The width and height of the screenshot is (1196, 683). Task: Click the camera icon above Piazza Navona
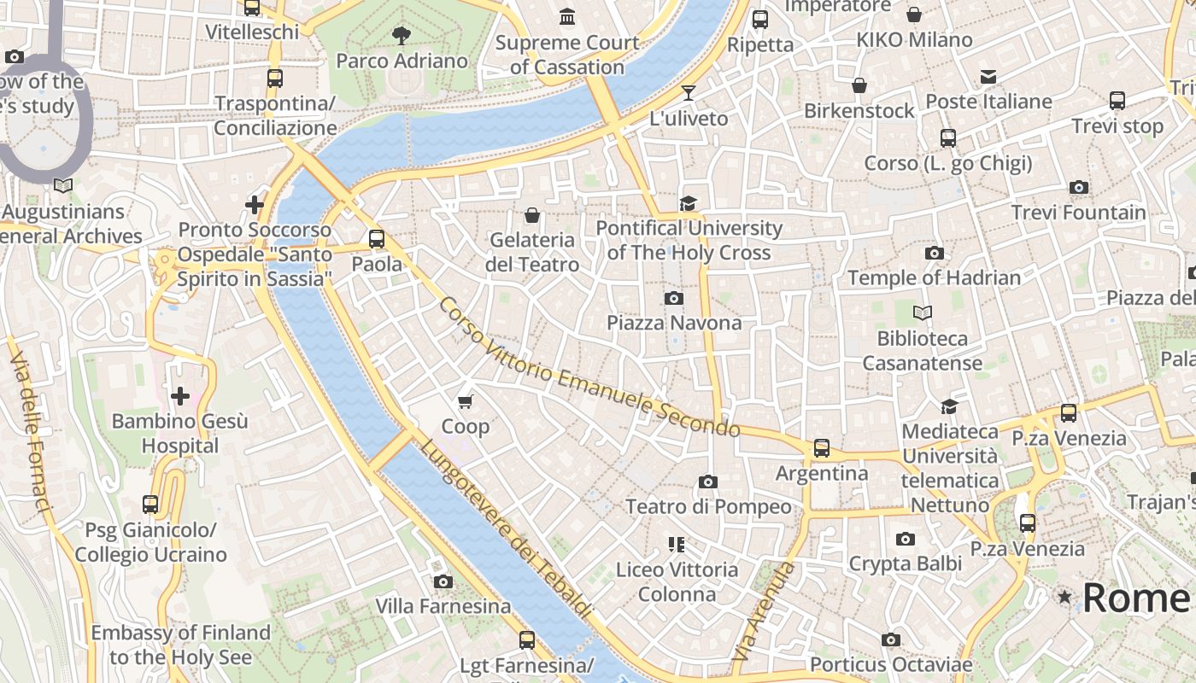(x=674, y=298)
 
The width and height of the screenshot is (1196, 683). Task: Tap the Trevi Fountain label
(x=1078, y=212)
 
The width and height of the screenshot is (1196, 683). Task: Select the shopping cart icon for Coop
(x=466, y=401)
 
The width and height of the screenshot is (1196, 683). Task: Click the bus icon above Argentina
(x=821, y=447)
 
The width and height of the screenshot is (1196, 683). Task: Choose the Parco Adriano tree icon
(x=401, y=36)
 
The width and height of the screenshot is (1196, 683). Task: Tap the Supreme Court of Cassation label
(x=566, y=54)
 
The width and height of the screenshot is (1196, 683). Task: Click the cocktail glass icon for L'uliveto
(x=689, y=93)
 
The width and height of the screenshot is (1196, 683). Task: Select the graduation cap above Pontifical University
(x=688, y=203)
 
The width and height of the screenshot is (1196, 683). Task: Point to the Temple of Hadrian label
(x=934, y=277)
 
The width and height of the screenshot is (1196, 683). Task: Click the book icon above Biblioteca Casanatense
(x=923, y=313)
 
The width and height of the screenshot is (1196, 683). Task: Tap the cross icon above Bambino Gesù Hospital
(x=180, y=396)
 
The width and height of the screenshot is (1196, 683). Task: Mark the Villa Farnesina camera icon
(x=443, y=582)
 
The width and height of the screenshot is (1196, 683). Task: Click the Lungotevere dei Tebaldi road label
(x=505, y=529)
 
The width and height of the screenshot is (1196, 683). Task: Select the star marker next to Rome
(x=1064, y=597)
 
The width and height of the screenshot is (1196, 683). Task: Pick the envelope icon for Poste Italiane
(x=988, y=77)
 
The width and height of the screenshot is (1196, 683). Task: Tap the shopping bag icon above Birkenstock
(x=859, y=85)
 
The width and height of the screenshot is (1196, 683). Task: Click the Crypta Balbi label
(x=905, y=563)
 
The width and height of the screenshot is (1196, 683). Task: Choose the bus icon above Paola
(x=377, y=239)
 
